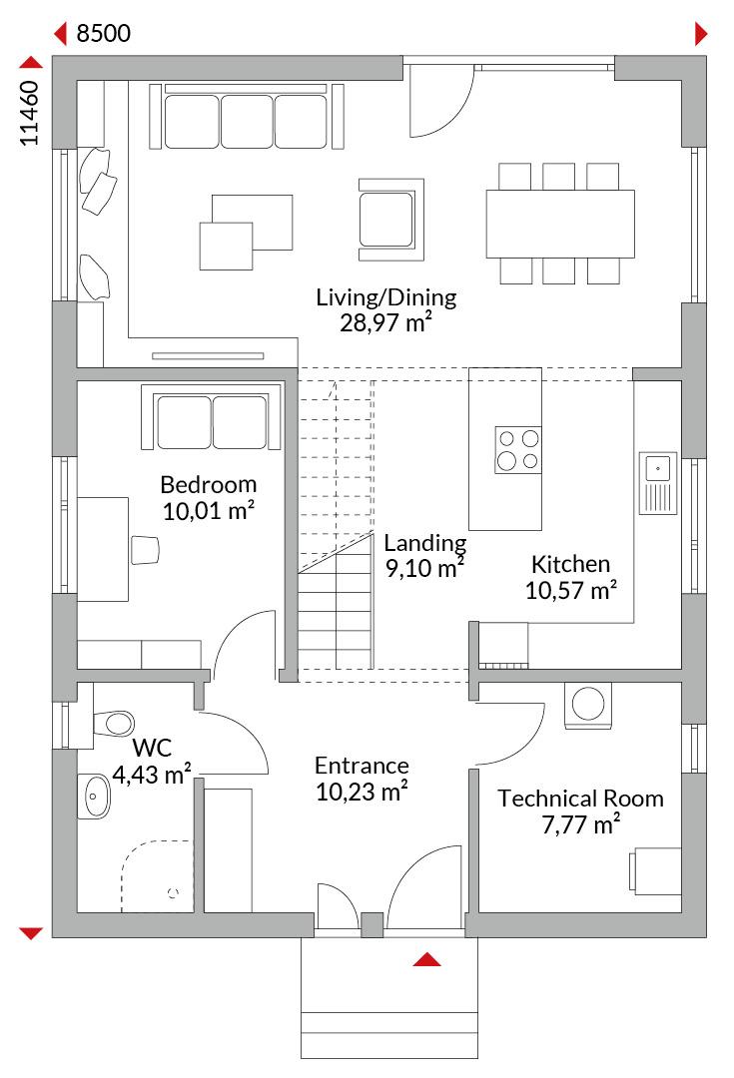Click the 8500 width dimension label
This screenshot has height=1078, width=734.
click(x=103, y=33)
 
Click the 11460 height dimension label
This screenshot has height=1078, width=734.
click(x=29, y=114)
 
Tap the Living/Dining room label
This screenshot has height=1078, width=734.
click(x=385, y=297)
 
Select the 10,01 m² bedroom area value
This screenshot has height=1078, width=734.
click(x=209, y=511)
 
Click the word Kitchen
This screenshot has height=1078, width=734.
click(x=570, y=564)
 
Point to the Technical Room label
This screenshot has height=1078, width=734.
click(x=580, y=799)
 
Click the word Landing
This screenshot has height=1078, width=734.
click(x=424, y=544)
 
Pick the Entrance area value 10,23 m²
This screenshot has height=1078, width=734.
click(x=362, y=792)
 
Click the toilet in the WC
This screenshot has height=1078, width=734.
click(x=114, y=724)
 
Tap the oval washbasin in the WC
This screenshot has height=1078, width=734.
click(x=94, y=797)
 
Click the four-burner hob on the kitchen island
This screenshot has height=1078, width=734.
click(x=518, y=449)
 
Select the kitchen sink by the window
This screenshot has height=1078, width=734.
click(x=658, y=483)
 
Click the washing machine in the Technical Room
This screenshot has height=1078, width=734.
click(x=587, y=705)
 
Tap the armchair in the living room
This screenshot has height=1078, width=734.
click(x=390, y=220)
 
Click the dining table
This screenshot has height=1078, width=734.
click(x=560, y=224)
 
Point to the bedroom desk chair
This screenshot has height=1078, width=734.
click(x=145, y=550)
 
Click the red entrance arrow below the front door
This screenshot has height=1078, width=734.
click(x=426, y=959)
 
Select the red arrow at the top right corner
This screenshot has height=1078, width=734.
click(x=701, y=33)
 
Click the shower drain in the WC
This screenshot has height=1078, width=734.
click(x=173, y=892)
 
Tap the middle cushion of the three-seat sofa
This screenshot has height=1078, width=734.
click(x=247, y=121)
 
